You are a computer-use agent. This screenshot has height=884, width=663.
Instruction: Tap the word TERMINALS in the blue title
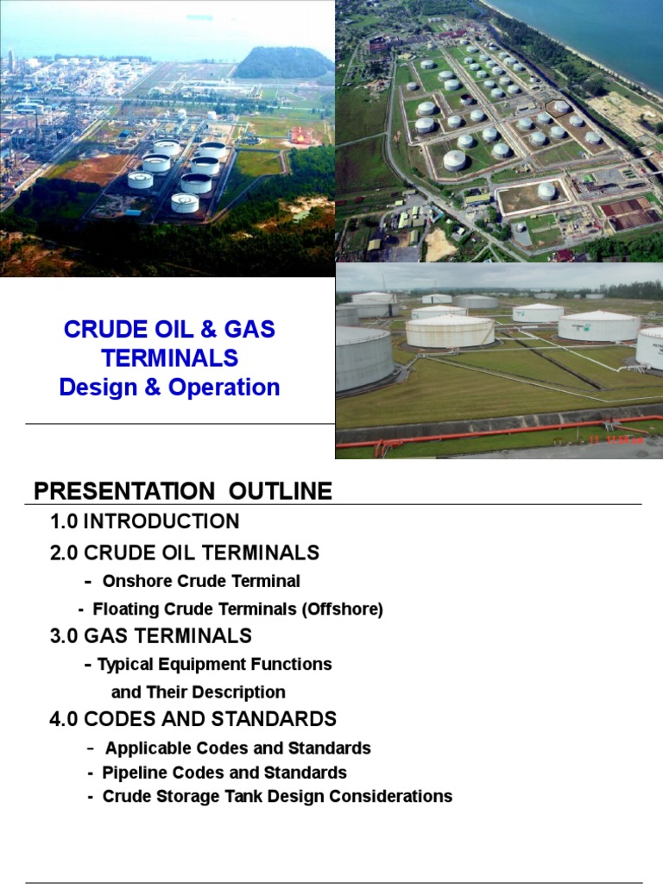pyautogui.click(x=170, y=358)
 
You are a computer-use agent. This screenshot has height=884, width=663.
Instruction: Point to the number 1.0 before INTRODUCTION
pyautogui.click(x=64, y=521)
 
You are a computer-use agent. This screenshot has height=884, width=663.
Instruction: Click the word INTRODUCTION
pyautogui.click(x=161, y=521)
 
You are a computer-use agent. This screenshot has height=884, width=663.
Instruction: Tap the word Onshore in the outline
pyautogui.click(x=132, y=581)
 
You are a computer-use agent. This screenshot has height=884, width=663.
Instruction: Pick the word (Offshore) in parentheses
pyautogui.click(x=342, y=609)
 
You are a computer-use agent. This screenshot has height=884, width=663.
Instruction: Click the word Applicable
pyautogui.click(x=143, y=748)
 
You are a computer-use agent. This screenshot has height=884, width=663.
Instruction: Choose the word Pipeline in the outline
pyautogui.click(x=134, y=773)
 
